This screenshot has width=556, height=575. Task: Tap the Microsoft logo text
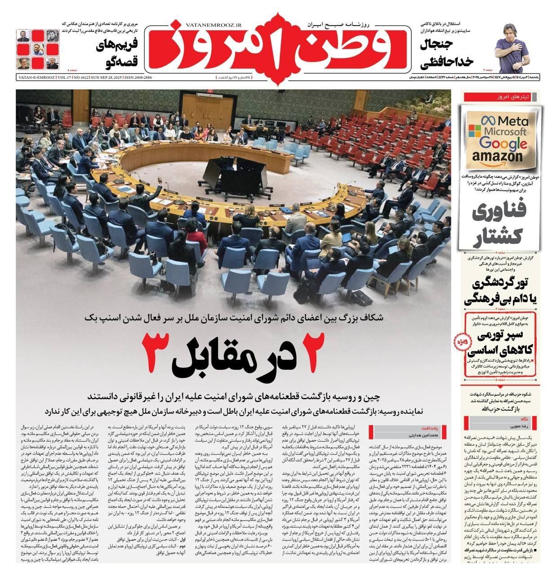[503, 132]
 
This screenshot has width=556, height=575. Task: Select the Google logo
[503, 143]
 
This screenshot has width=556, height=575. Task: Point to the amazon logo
[503, 156]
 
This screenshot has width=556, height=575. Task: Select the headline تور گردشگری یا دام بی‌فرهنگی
[498, 291]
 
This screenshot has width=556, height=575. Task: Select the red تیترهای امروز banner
[502, 97]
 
